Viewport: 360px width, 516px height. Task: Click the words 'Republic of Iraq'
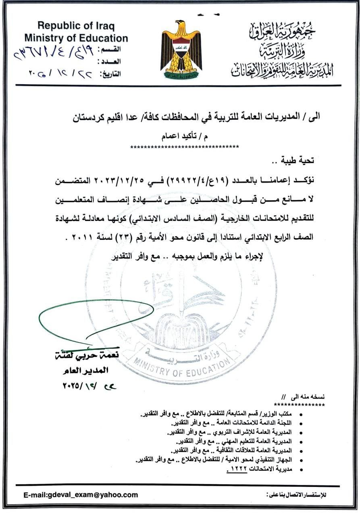pyautogui.click(x=76, y=27)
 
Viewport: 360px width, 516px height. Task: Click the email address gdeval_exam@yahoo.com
pyautogui.click(x=81, y=495)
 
